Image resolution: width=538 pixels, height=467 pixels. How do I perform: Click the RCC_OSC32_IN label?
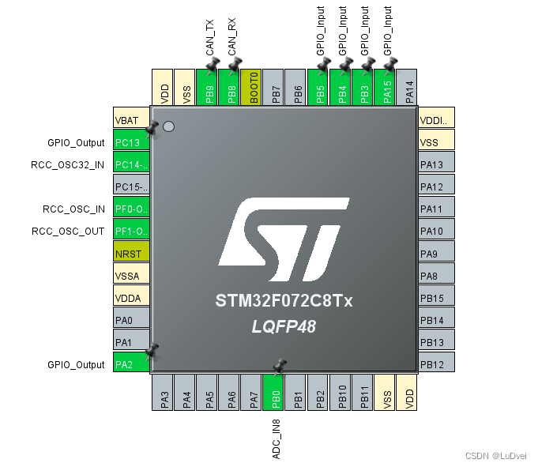[x=67, y=165]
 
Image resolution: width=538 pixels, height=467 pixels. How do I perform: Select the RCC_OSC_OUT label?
[x=68, y=232]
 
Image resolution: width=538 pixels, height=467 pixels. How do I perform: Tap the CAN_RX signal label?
[x=232, y=36]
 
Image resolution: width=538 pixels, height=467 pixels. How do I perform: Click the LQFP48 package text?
[x=284, y=326]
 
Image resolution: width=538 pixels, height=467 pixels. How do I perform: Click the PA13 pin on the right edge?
[x=437, y=164]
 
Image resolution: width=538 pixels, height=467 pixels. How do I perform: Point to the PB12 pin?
[x=437, y=364]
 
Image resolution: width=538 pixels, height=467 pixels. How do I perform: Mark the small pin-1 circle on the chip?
[x=168, y=125]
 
